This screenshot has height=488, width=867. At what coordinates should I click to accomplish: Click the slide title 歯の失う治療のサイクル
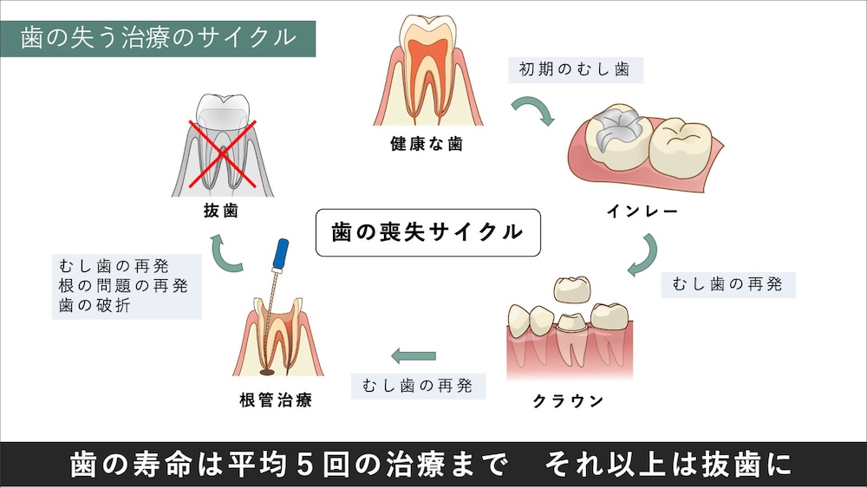[157, 39]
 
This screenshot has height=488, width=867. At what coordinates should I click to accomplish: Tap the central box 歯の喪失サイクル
[427, 231]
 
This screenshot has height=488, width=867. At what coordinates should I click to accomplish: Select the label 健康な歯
[426, 144]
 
